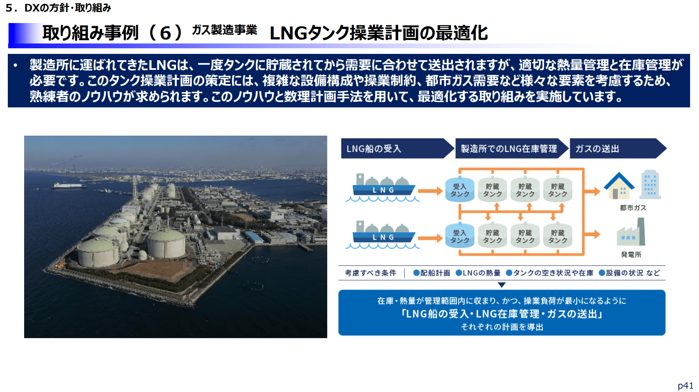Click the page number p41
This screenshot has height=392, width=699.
click(685, 386)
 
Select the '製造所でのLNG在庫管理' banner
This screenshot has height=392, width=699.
click(512, 149)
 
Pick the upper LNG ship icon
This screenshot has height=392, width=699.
click(383, 188)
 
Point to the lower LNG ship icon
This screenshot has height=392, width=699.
click(383, 235)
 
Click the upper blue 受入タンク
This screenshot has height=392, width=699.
click(460, 190)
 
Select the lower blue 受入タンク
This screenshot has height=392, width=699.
click(460, 236)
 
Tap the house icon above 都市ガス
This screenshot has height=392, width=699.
click(619, 186)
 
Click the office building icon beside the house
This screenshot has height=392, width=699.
click(650, 184)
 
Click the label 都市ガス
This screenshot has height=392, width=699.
click(633, 208)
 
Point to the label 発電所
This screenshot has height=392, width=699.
click(631, 255)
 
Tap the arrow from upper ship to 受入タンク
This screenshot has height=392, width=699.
click(430, 191)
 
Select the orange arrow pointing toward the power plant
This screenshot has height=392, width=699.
click(592, 234)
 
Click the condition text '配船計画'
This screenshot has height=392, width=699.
click(432, 273)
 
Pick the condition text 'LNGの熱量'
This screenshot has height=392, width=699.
click(478, 273)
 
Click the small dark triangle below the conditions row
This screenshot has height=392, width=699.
click(502, 285)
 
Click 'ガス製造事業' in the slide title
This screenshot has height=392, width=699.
click(224, 30)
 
